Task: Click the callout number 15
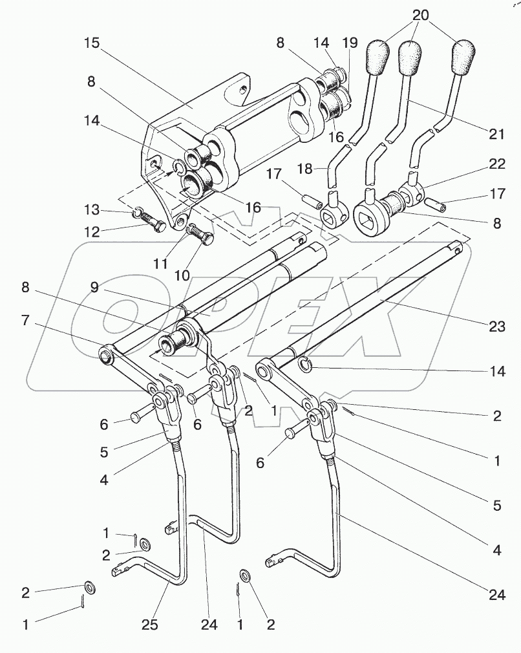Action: point(92,45)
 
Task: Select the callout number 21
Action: point(496,134)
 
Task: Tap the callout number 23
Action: point(496,326)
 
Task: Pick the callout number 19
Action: point(350,44)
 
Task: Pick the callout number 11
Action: point(160,263)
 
